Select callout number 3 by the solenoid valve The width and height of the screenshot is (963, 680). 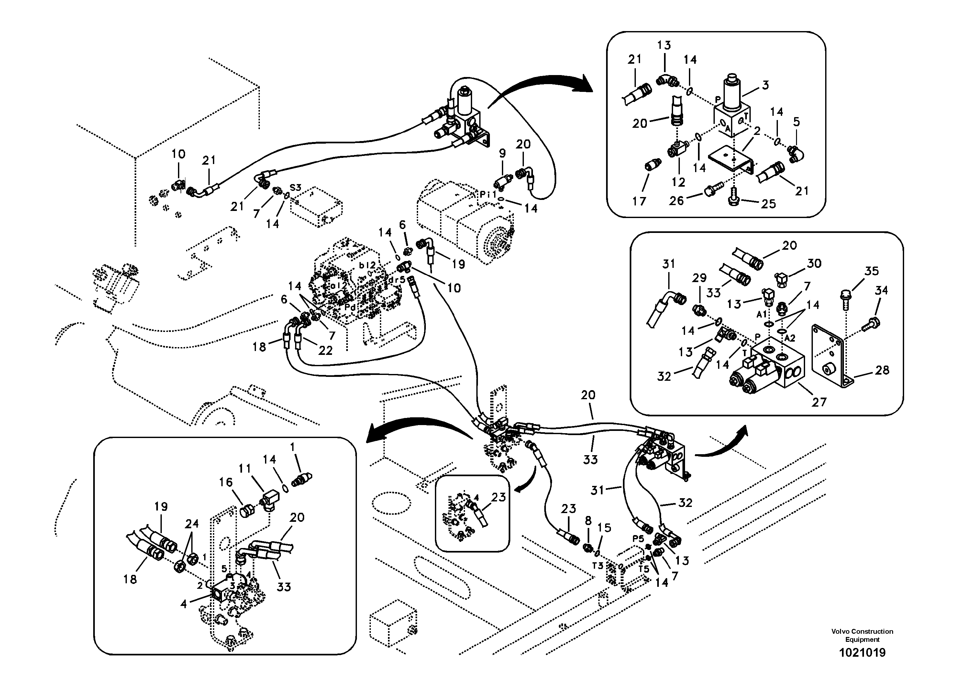[766, 85]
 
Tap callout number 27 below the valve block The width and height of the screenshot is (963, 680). [819, 402]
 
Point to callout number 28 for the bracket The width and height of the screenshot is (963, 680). [882, 370]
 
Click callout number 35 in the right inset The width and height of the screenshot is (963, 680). [871, 271]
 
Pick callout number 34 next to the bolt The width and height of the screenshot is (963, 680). [881, 290]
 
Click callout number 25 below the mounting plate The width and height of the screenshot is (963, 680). [769, 204]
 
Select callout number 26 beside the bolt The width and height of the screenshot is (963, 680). [676, 201]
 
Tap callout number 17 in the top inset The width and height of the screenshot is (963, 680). [639, 201]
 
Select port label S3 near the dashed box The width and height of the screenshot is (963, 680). [295, 188]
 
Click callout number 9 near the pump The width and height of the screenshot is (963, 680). [502, 154]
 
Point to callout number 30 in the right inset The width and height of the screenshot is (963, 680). [814, 263]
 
